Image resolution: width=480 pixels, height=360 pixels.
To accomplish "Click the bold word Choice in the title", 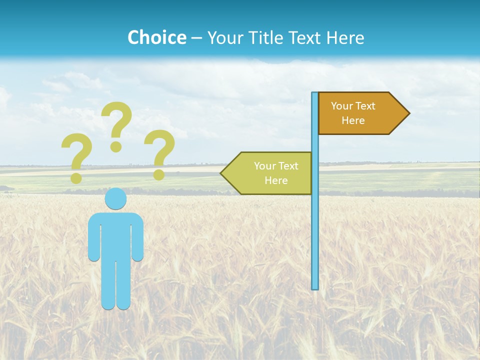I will (x=156, y=37).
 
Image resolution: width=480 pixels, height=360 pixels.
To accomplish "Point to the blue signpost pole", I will (x=314, y=225).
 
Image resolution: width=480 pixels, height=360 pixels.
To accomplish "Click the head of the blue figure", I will (x=115, y=199).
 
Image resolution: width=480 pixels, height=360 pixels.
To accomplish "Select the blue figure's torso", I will (x=115, y=235).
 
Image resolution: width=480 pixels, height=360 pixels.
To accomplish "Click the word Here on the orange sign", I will (x=353, y=120).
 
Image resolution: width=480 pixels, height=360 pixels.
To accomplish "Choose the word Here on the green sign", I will (x=276, y=180).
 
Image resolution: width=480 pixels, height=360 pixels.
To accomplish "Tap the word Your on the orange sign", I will (x=342, y=106).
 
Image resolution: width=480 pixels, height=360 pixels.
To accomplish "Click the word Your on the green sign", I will (x=265, y=166).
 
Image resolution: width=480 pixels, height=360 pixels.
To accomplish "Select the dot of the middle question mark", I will (x=116, y=146).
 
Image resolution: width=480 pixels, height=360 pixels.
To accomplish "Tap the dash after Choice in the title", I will (x=196, y=38).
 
